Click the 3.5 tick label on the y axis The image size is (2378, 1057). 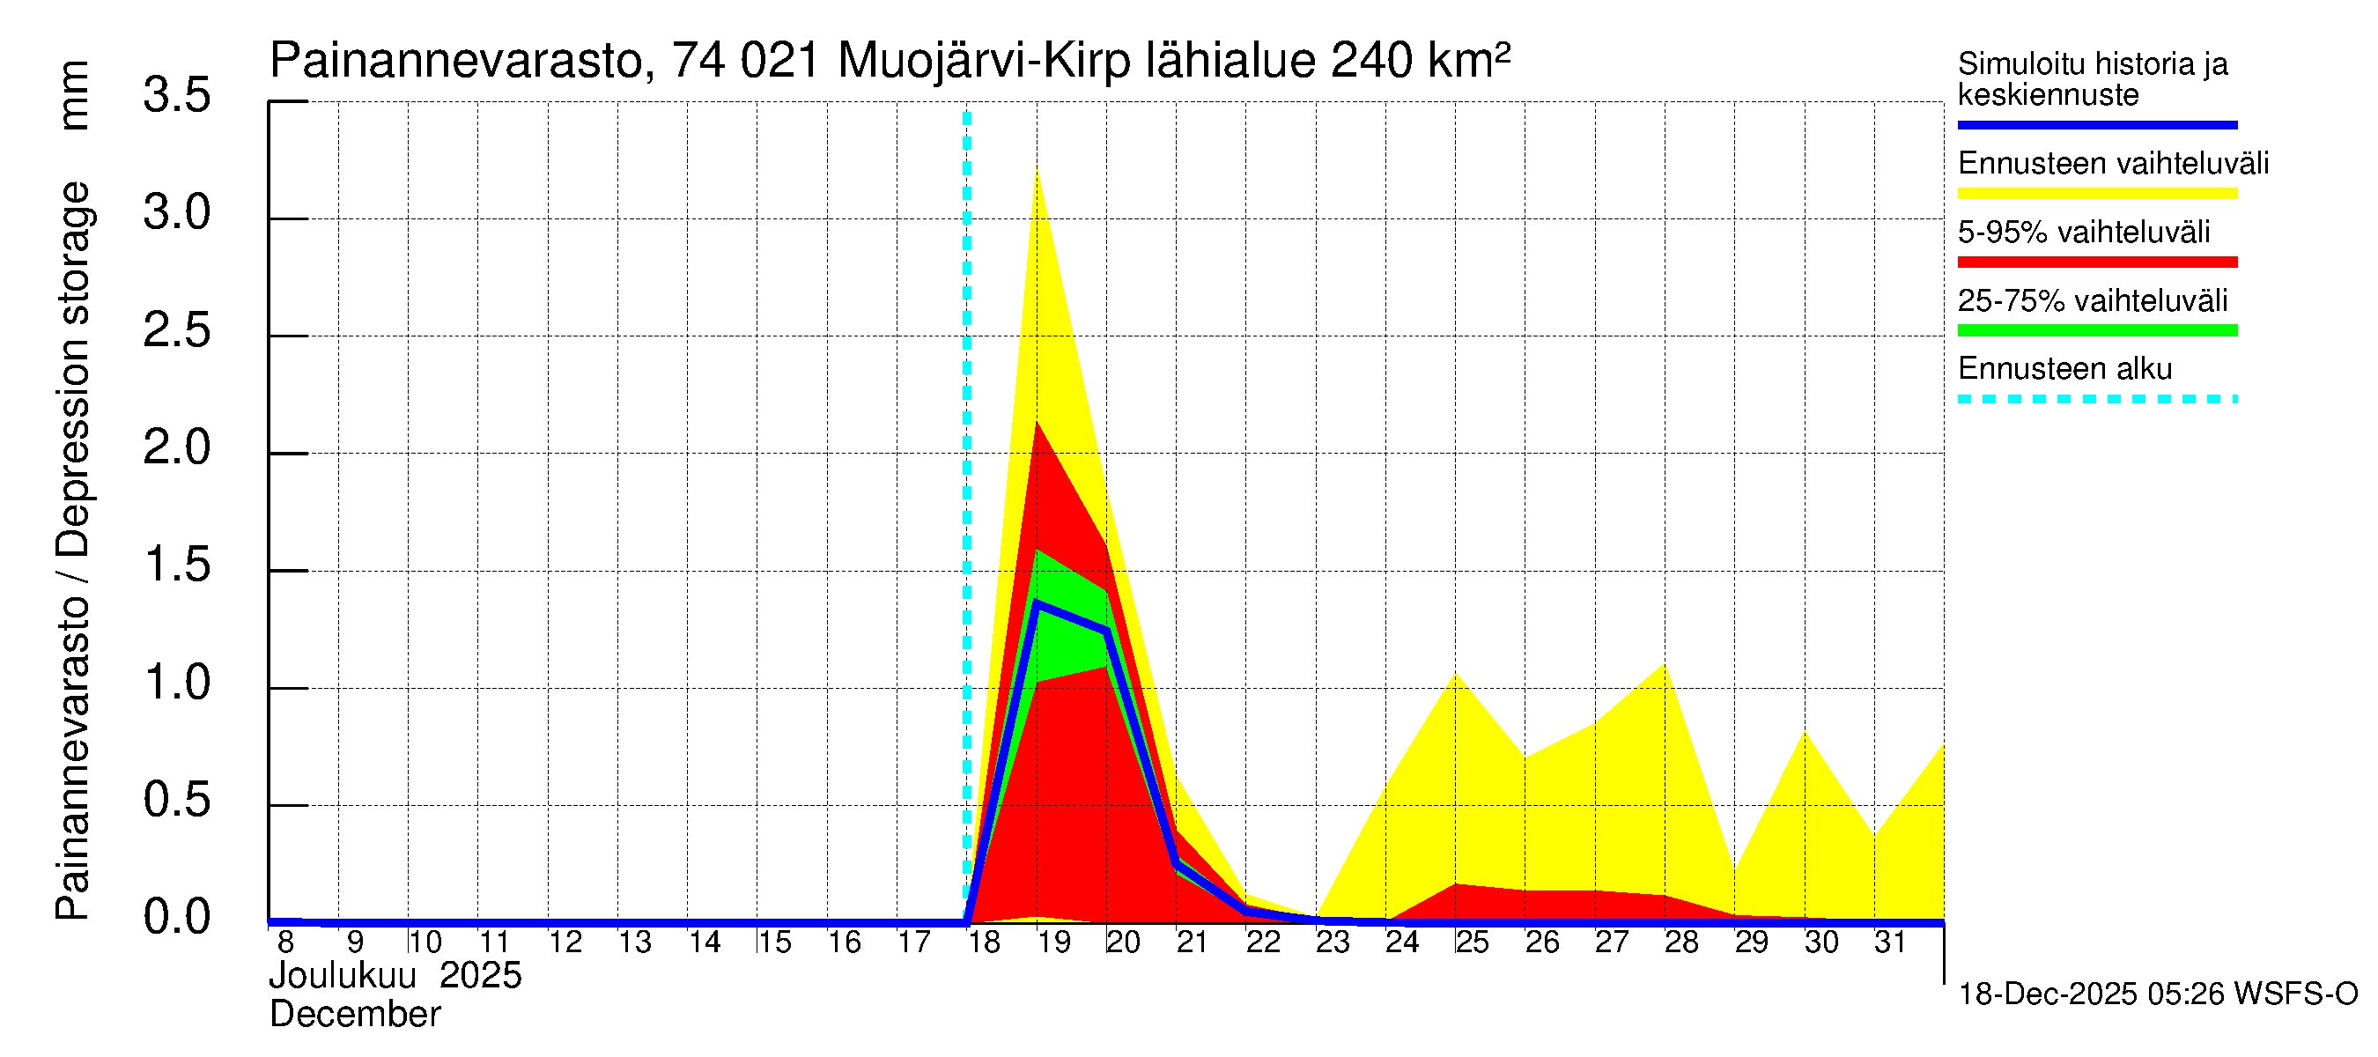[x=176, y=95]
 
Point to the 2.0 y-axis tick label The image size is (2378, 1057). [x=176, y=447]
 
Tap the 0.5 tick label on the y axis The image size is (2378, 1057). [x=176, y=800]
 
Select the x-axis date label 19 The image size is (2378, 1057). [x=1053, y=942]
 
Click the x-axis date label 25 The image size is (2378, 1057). [x=1472, y=942]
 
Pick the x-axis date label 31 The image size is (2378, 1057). [x=1890, y=942]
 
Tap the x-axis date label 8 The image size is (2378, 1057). [x=285, y=942]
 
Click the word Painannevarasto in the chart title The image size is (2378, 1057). [x=456, y=61]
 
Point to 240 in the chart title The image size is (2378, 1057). [x=1370, y=61]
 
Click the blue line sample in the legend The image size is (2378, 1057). [x=2096, y=124]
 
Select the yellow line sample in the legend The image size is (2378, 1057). [x=2096, y=194]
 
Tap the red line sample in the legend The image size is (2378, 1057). [x=2096, y=262]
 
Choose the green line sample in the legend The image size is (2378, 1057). [x=2096, y=330]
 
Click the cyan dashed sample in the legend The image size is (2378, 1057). [x=2096, y=399]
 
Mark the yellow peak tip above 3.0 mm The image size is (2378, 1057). [x=1037, y=169]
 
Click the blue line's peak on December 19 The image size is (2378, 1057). [x=1037, y=602]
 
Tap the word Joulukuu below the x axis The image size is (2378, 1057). [x=343, y=976]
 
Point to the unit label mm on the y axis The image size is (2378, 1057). [x=73, y=95]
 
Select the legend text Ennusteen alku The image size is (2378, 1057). [x=2064, y=368]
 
